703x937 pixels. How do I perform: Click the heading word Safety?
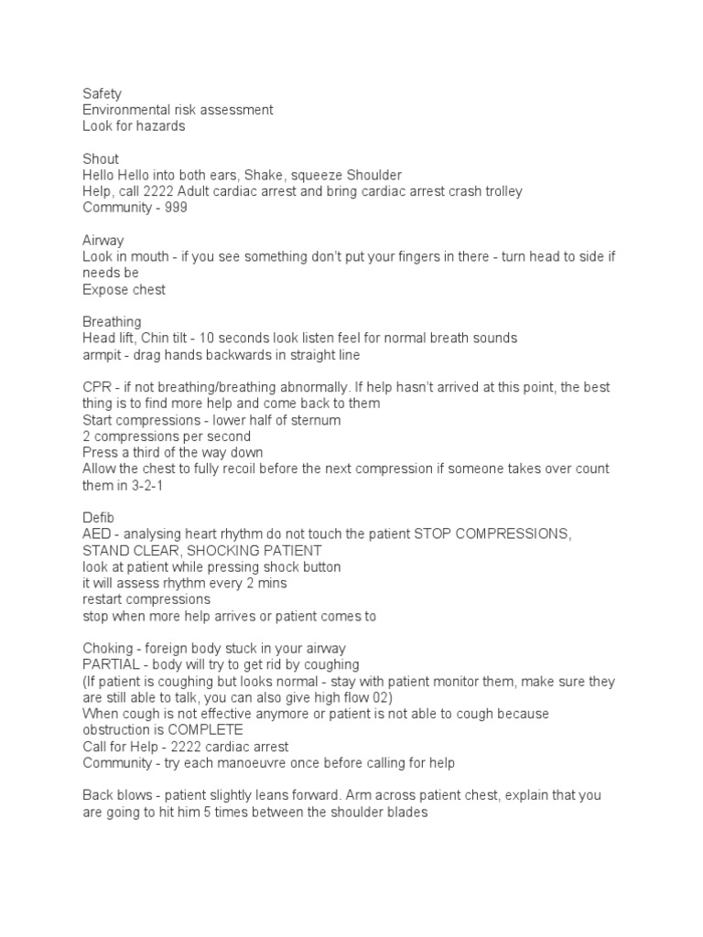pos(102,93)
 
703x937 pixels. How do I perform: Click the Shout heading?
pos(100,159)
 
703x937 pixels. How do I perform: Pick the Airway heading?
pos(103,241)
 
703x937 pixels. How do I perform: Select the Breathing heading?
pos(112,322)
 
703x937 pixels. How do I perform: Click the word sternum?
pos(317,420)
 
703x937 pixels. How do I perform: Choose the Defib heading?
pos(98,518)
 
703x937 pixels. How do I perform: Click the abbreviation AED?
pos(97,534)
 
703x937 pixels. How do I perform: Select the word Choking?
pos(109,649)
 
